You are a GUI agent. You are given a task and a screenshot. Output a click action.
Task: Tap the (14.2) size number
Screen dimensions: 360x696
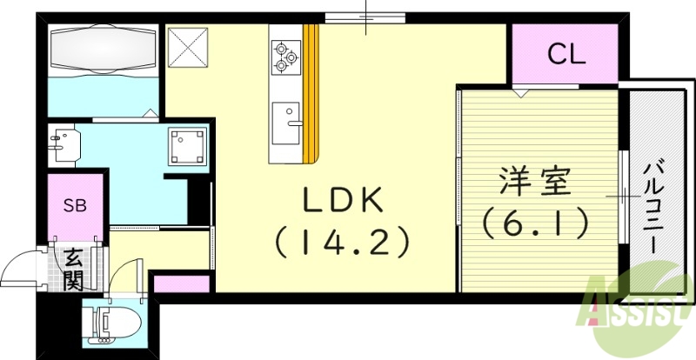342,241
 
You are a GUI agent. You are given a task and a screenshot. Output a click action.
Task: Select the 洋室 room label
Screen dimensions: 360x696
534,184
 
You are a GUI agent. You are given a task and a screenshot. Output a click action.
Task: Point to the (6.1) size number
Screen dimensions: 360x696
534,223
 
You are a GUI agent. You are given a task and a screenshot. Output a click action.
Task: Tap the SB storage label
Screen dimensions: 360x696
74,206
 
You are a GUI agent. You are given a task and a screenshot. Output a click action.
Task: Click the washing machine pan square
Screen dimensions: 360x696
188,146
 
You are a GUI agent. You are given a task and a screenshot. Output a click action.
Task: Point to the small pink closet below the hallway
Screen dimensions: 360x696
181,283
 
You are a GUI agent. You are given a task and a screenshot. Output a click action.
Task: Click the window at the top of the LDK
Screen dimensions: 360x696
366,16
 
